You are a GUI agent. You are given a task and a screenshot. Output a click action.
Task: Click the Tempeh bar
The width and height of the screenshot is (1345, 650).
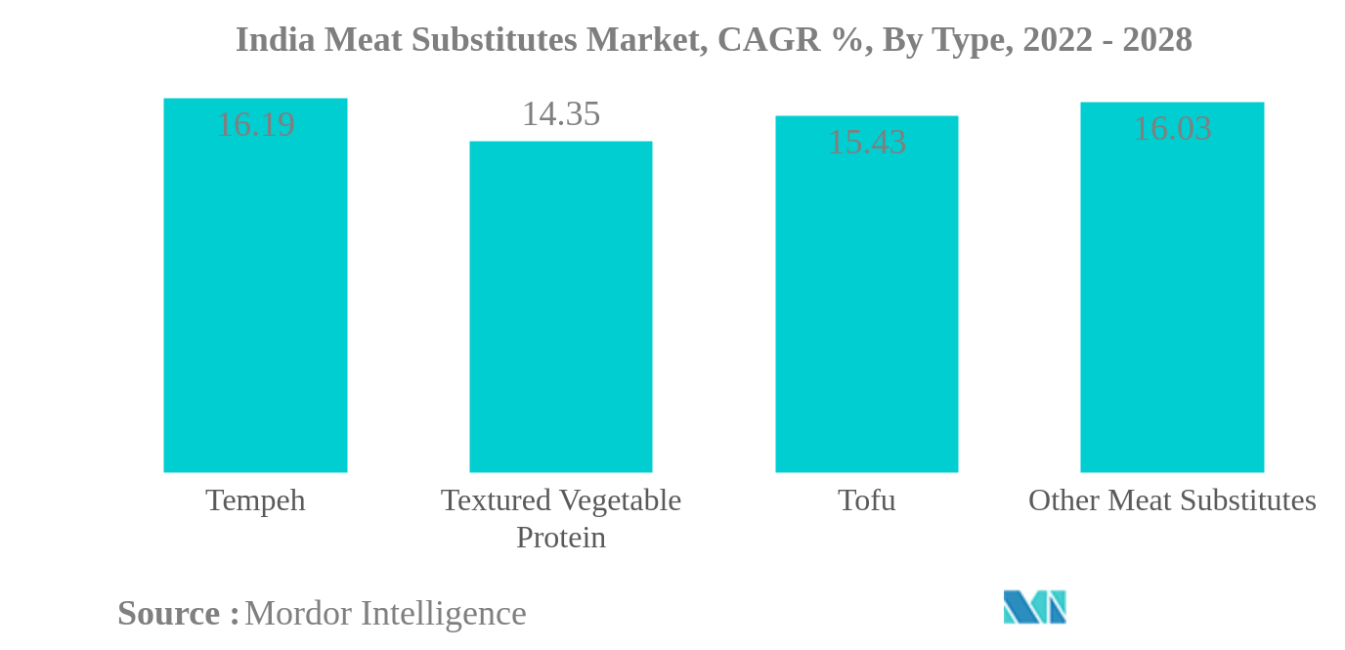point(255,293)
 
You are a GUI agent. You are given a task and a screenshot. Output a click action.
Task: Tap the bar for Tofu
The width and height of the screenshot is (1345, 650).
point(866,303)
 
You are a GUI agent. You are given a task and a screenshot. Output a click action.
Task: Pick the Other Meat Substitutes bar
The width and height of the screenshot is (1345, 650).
point(1171,293)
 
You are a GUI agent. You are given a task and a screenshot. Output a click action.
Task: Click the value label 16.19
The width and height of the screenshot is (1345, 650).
point(255,125)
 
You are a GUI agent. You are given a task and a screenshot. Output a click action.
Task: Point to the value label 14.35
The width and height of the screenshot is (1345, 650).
point(560,114)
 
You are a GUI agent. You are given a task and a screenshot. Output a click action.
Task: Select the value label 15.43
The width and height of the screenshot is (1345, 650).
point(866,143)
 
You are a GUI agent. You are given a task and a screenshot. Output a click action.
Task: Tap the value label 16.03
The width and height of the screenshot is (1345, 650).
point(1171,129)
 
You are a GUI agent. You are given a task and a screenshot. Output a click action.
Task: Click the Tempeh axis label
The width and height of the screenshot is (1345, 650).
point(255,500)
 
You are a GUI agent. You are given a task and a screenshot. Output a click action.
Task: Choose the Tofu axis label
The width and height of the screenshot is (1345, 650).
point(866,500)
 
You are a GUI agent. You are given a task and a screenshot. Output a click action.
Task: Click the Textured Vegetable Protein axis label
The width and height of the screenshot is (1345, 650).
point(560,518)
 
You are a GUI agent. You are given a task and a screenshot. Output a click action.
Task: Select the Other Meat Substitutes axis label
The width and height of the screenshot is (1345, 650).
point(1171,500)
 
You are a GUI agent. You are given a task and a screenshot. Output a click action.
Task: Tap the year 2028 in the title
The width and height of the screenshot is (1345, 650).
point(1156,40)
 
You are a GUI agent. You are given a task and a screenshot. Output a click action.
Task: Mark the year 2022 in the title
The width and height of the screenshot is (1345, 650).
point(1057,40)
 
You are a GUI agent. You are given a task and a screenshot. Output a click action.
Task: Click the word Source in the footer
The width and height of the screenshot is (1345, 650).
point(168,614)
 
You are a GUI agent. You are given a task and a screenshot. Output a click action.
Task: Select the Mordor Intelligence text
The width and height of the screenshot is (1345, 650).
point(385,614)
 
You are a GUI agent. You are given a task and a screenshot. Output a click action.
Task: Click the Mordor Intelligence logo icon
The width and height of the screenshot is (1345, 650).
point(1034,607)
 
